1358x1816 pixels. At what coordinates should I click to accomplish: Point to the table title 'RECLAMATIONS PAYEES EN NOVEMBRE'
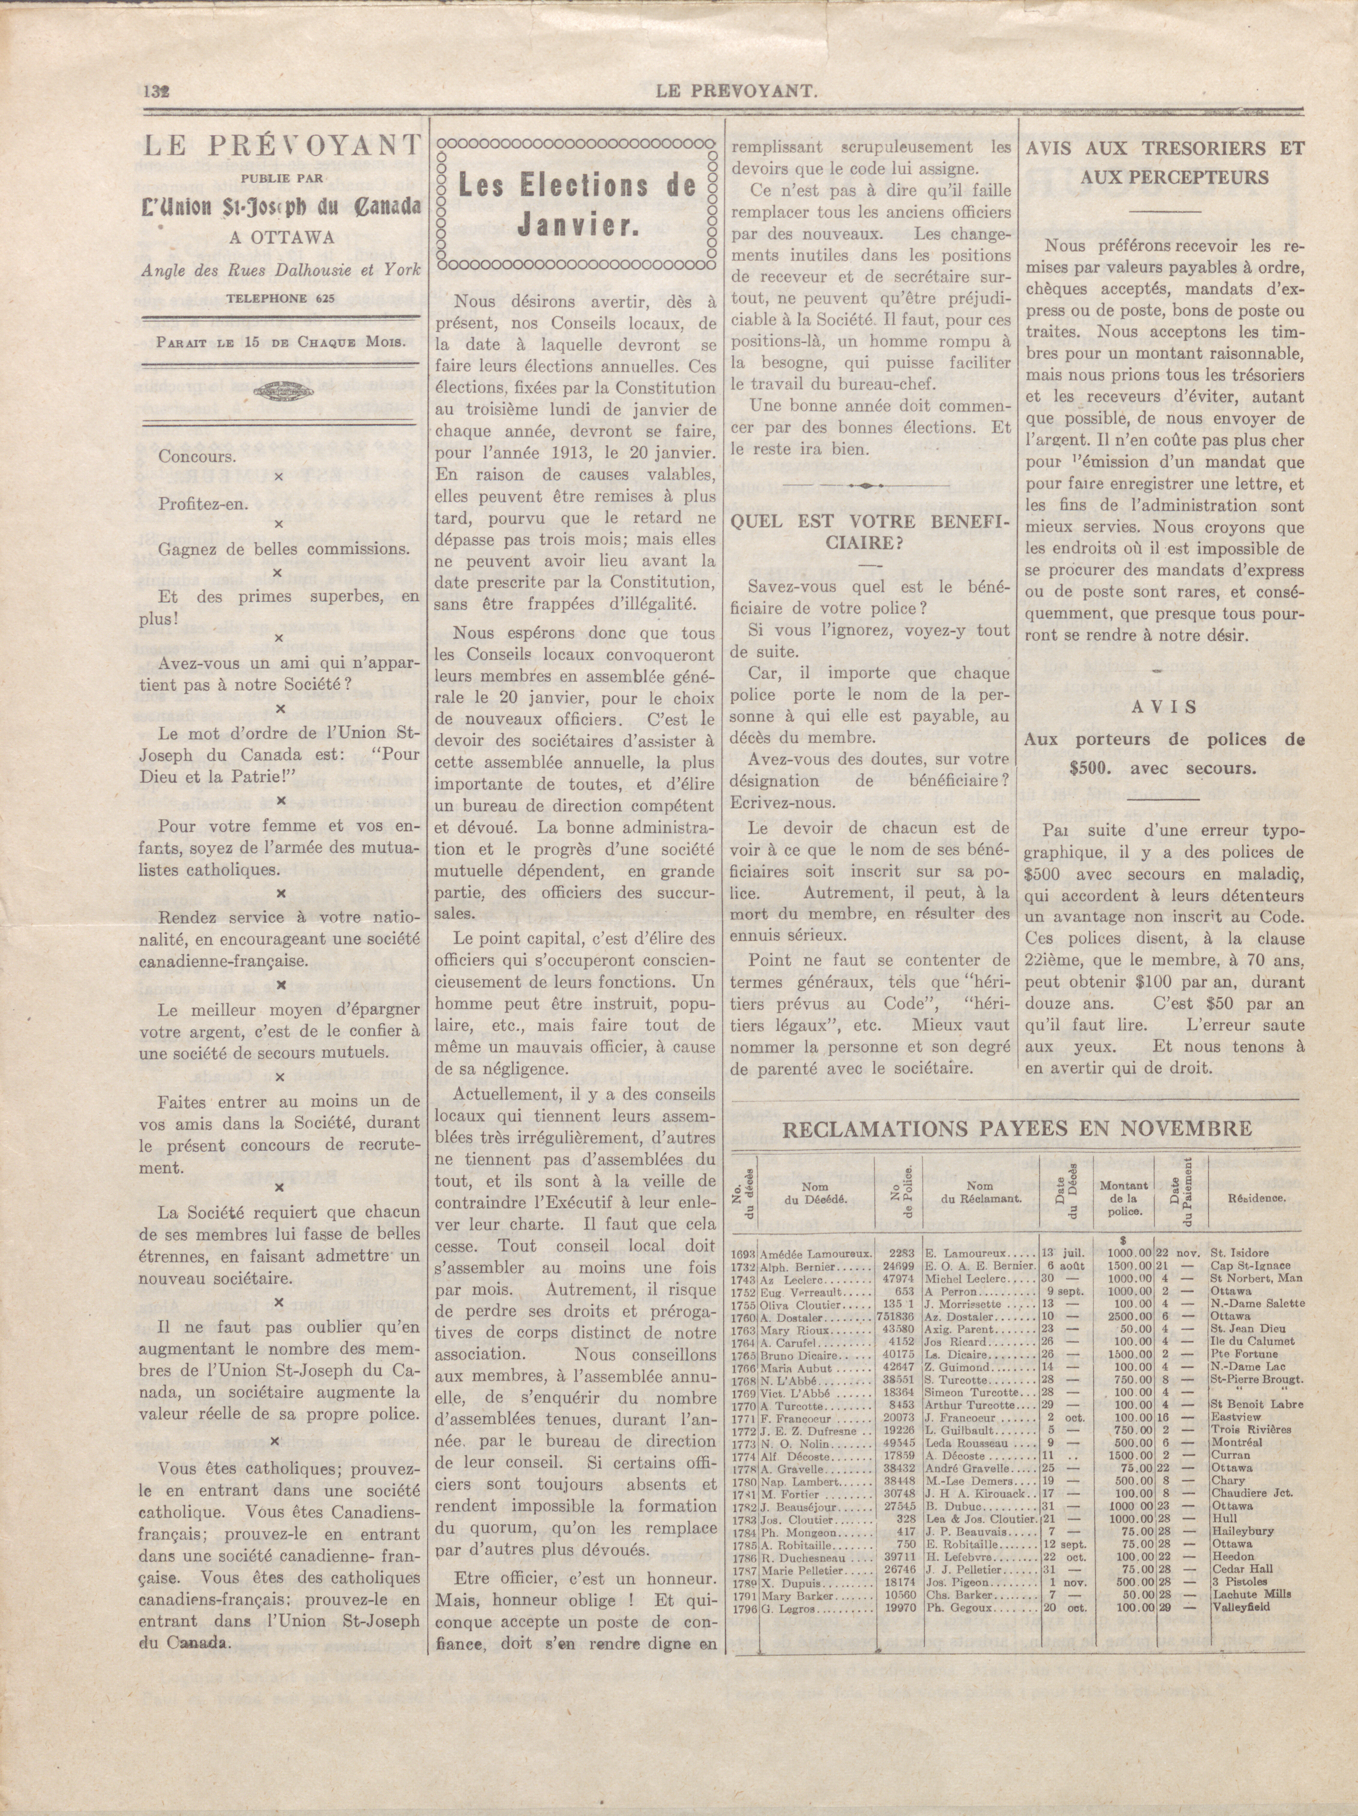[x=1016, y=1129]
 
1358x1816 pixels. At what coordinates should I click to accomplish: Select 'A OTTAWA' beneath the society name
[x=281, y=238]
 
